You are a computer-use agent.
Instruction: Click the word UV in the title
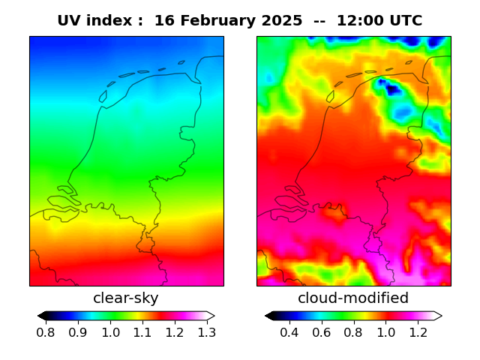pos(69,21)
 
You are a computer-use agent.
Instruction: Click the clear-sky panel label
pos(126,298)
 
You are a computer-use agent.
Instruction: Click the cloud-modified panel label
pos(353,298)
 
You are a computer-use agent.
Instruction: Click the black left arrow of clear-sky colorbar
pos(42,316)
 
